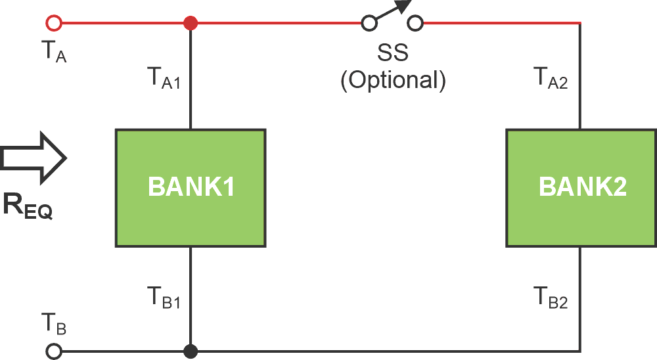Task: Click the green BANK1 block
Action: pos(191,188)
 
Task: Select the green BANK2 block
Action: pos(581,188)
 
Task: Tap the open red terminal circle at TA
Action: pos(54,24)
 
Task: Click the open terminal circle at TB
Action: pos(54,351)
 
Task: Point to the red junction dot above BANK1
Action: pos(191,24)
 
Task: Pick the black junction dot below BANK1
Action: pos(191,351)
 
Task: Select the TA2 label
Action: pos(551,79)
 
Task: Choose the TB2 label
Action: pos(551,299)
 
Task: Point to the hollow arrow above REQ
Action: pos(33,158)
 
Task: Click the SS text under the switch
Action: pos(393,52)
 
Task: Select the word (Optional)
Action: pos(393,79)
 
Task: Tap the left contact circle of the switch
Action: pos(369,24)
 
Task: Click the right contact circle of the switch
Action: pos(415,24)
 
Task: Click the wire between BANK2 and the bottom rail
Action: pos(581,299)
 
